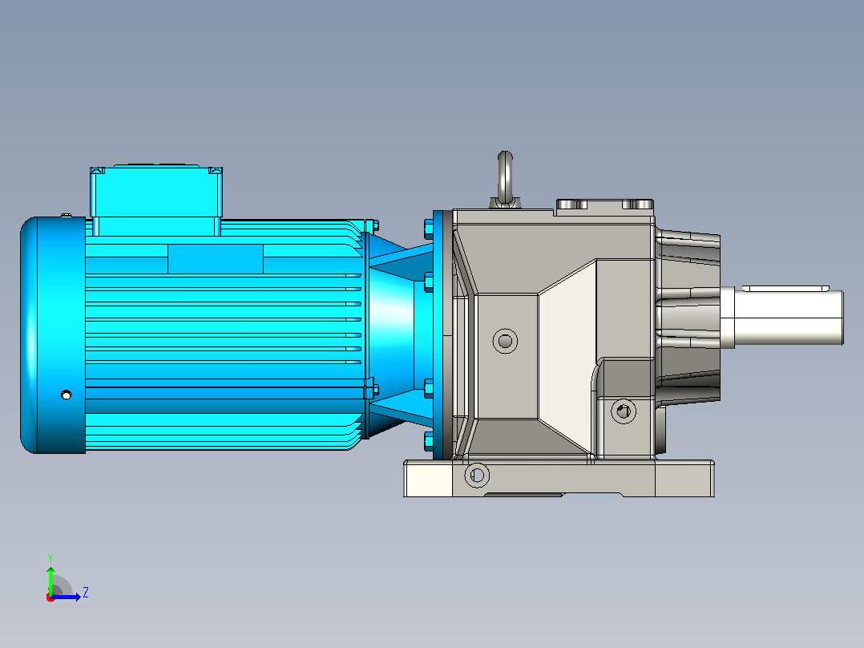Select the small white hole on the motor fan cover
tap(66, 395)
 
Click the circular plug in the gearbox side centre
tap(505, 342)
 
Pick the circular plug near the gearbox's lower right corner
tap(624, 411)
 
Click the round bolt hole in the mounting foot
tap(477, 475)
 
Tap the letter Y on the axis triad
tap(50, 557)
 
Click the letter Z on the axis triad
tap(86, 593)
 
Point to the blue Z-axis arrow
tap(66, 597)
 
